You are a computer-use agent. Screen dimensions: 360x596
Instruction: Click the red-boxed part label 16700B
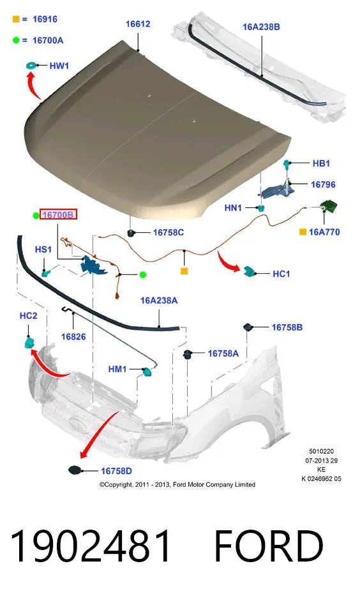point(59,215)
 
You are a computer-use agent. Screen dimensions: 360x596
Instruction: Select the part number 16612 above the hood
point(138,24)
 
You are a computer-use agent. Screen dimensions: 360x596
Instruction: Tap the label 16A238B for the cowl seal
point(261,27)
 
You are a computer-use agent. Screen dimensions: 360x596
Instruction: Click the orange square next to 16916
point(16,19)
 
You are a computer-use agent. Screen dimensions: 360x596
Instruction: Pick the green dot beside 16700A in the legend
point(16,40)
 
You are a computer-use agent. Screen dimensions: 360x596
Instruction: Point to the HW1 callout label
point(59,66)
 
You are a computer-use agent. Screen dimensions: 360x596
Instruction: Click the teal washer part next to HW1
point(31,66)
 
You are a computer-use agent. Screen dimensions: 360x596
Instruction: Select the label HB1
point(321,163)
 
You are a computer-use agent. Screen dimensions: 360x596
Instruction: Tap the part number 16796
point(323,184)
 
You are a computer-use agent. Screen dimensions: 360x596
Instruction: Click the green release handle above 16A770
point(329,207)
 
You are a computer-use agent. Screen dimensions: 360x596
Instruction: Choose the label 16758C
point(169,232)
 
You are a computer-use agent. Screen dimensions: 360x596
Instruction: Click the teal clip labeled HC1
point(250,271)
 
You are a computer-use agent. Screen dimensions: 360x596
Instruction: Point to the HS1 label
point(43,250)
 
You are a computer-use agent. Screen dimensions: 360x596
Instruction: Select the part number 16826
point(73,336)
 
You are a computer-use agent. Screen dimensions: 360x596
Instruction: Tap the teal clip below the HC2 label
point(29,343)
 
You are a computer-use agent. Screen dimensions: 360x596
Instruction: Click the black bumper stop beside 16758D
point(75,470)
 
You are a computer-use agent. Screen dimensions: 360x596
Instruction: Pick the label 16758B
point(287,327)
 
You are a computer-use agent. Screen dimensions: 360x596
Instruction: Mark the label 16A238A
point(159,301)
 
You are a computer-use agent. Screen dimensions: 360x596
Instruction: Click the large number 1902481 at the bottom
point(91,546)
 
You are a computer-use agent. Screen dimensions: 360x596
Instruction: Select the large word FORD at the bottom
point(269,546)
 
